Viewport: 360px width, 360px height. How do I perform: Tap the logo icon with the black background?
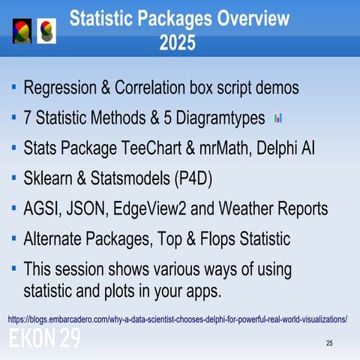pos(22,30)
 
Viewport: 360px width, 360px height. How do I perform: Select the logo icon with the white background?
pos(46,30)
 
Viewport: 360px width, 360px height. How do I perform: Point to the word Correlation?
pos(151,88)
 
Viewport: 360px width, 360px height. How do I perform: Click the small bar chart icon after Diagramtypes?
pos(278,118)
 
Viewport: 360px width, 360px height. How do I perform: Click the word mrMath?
pos(229,148)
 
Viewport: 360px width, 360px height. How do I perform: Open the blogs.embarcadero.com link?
pos(177,319)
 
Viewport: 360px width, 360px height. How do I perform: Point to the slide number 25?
pos(328,343)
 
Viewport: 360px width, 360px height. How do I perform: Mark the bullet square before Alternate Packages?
pos(15,238)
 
